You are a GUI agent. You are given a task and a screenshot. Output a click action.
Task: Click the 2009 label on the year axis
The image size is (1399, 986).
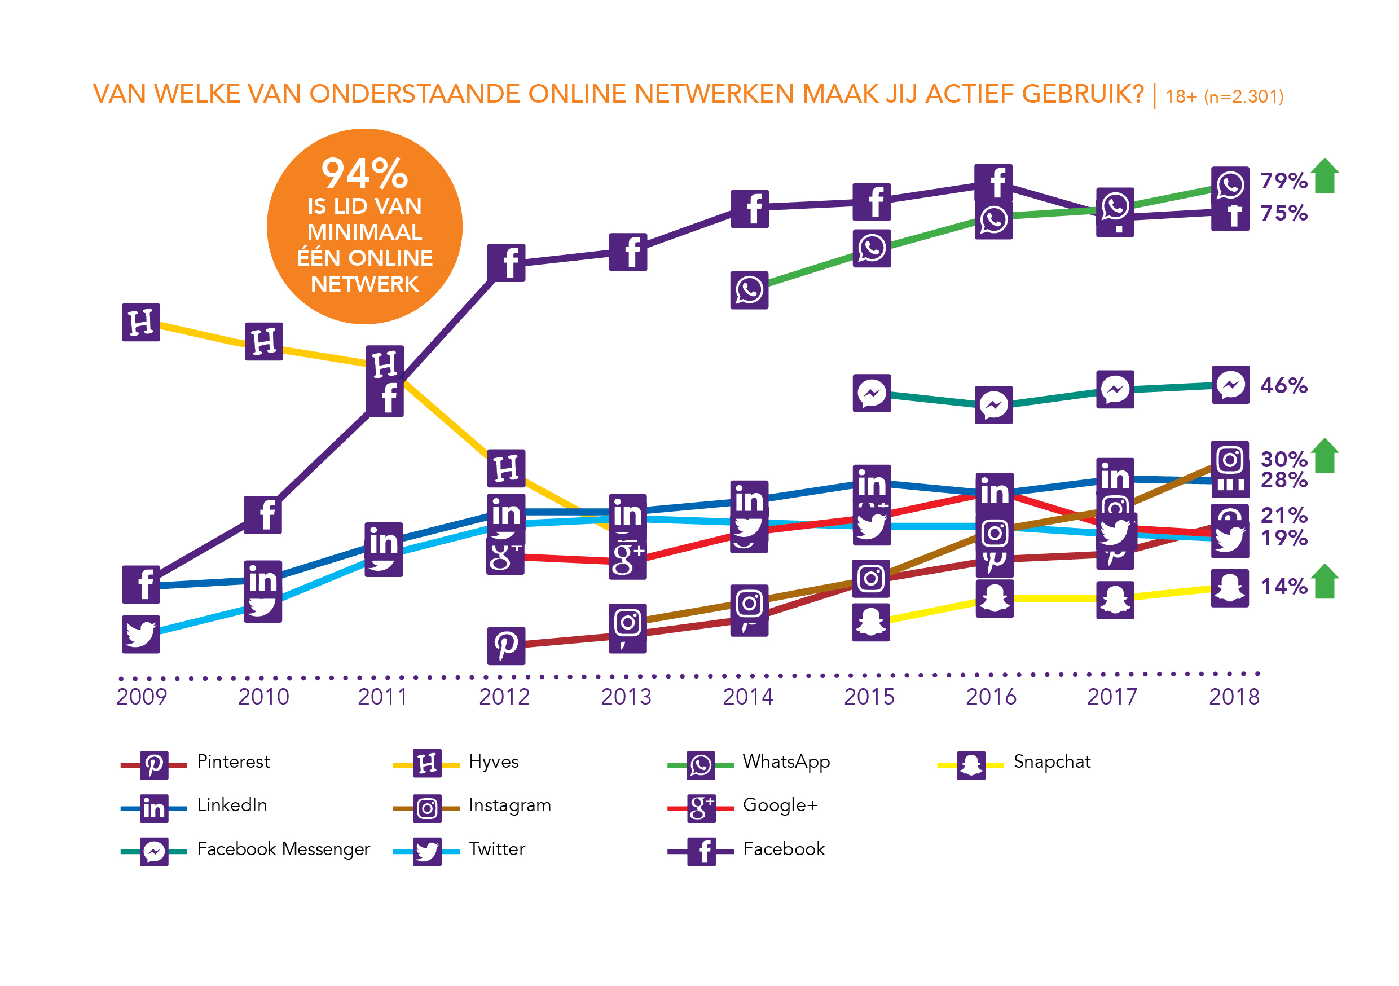coord(142,697)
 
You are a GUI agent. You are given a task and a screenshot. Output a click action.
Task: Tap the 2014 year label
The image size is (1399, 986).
coord(747,697)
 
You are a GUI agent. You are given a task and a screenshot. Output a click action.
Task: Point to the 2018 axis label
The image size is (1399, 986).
coord(1234,697)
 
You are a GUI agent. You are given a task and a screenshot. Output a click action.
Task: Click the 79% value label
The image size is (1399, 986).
coord(1283,181)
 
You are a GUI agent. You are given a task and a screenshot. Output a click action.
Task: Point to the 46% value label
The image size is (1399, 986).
coord(1283,386)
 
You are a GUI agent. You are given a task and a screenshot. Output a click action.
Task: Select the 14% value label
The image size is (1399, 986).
coord(1283,586)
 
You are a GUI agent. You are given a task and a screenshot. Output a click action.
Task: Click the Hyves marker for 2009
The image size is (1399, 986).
coord(141,323)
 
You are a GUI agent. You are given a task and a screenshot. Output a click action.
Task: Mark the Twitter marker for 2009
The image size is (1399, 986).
coord(141,635)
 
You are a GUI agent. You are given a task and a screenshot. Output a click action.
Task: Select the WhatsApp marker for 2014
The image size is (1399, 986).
coord(750,290)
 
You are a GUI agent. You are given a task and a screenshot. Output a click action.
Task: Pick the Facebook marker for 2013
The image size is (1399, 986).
coord(628,252)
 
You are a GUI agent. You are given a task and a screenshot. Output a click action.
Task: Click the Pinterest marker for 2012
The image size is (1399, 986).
coord(507,645)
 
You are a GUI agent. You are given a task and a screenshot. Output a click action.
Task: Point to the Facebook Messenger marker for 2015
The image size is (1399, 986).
coord(872,393)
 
